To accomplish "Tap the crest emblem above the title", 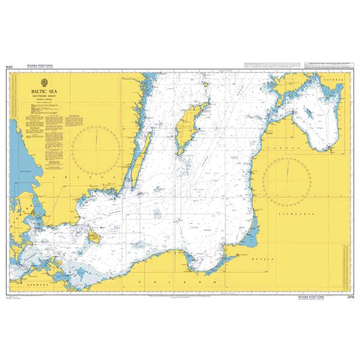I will (45, 85).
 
